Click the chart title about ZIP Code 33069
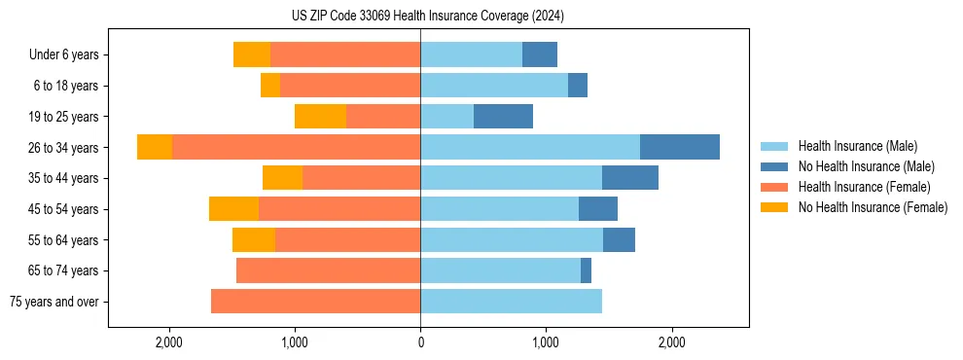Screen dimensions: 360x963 point(427,17)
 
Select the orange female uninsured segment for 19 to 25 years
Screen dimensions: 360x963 point(320,117)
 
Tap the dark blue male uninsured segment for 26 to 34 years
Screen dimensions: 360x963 point(680,147)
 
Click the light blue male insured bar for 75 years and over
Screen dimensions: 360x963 point(511,302)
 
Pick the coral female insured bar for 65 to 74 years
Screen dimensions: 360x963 point(328,270)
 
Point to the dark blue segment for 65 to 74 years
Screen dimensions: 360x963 point(586,270)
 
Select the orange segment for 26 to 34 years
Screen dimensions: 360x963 point(155,147)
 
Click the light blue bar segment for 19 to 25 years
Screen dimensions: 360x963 point(446,117)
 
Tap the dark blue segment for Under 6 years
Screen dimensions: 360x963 point(540,54)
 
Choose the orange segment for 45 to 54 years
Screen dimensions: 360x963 point(233,209)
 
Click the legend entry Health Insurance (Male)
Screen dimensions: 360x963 point(857,146)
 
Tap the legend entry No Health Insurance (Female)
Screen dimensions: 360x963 point(873,207)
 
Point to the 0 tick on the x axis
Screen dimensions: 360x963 point(420,342)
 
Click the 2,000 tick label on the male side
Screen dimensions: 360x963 point(671,342)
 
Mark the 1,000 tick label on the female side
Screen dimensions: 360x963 point(295,342)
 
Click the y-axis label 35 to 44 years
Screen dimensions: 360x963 point(65,178)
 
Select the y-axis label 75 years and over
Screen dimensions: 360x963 point(53,302)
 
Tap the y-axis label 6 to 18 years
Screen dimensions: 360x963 point(66,86)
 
